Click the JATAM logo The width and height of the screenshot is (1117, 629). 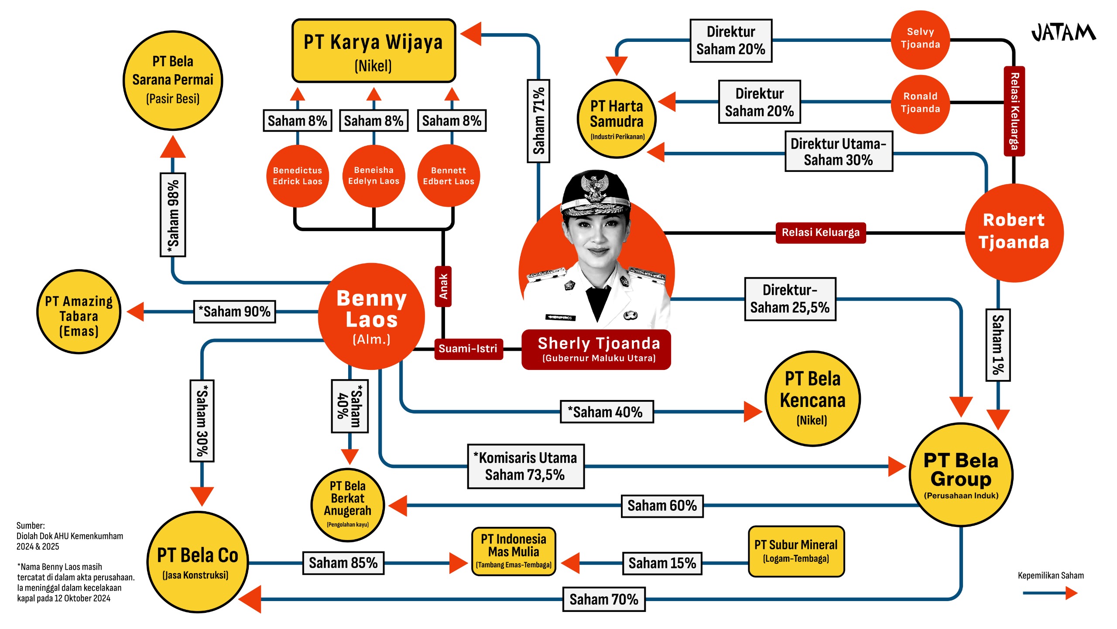click(1063, 33)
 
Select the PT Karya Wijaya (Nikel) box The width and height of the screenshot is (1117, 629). click(373, 51)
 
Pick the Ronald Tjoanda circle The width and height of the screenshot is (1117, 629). click(920, 103)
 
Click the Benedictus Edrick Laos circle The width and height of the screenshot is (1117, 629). click(298, 176)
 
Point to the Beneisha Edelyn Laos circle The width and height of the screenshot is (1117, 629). click(373, 176)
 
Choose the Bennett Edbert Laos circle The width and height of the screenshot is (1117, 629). click(448, 176)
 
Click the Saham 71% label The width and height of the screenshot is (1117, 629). click(538, 121)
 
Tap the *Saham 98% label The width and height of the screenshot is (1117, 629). click(173, 215)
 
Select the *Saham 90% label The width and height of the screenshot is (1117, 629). click(234, 312)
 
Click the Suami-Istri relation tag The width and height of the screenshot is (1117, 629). click(468, 349)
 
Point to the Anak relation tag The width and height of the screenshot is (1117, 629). click(443, 287)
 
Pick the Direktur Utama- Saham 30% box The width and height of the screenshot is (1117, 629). click(838, 151)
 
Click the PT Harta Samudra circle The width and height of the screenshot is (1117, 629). click(617, 119)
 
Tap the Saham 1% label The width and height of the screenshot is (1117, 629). click(998, 345)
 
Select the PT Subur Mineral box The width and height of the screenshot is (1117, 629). click(796, 551)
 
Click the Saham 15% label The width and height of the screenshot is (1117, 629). click(662, 563)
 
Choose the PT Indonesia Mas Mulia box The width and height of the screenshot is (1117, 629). click(514, 551)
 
